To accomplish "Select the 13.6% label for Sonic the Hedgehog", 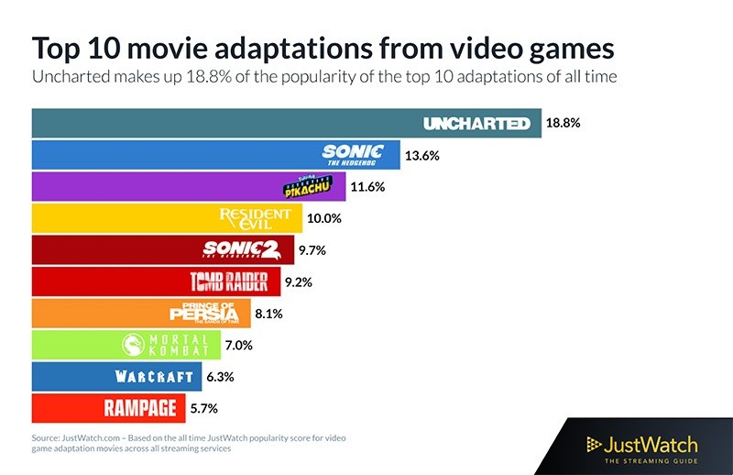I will point(421,155).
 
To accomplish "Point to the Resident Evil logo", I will point(256,218).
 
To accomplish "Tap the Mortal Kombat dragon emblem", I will point(135,345).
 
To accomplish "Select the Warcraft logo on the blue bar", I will point(154,376).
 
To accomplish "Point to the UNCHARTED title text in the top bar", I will point(476,123).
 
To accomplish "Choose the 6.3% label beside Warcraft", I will point(219,376).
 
